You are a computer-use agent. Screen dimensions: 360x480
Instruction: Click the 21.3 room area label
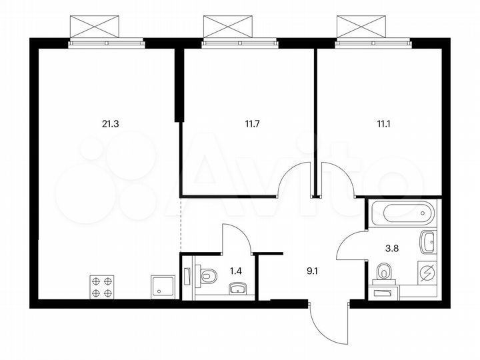coord(111,123)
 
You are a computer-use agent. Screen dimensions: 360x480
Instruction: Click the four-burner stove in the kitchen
coord(102,287)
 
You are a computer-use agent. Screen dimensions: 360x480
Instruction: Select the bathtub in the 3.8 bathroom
coord(402,213)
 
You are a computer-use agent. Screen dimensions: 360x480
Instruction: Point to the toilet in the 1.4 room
coord(207,275)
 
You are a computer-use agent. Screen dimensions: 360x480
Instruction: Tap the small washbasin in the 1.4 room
coord(237,289)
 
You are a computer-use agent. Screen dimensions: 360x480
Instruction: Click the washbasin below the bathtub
coord(427,239)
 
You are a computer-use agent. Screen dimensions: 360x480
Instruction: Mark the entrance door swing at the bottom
coord(330,323)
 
